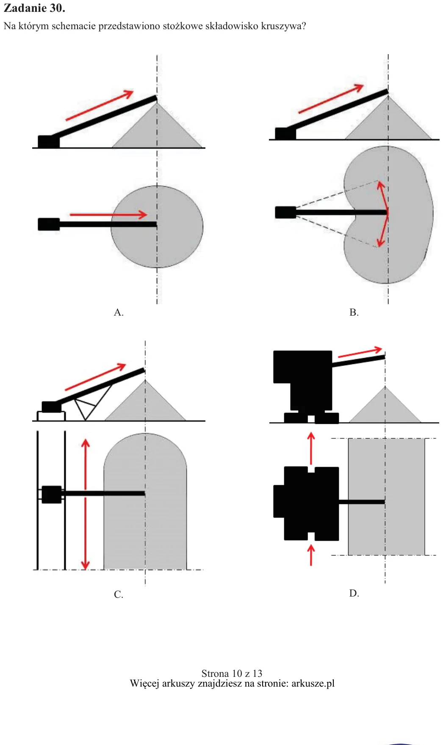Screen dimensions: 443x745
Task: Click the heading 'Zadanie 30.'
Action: [x=34, y=8]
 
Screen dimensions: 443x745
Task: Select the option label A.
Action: [x=119, y=312]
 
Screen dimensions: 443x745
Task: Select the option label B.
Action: [x=354, y=312]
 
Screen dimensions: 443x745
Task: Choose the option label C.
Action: [x=119, y=594]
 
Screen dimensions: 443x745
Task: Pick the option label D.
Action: [x=354, y=593]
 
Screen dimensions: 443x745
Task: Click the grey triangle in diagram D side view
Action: [x=385, y=408]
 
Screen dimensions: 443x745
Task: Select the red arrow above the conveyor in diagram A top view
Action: [x=108, y=214]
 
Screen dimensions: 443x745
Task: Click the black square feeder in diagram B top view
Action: [x=285, y=212]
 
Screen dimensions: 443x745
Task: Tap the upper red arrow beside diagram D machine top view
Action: [x=311, y=448]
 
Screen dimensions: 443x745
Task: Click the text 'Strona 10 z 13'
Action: [x=232, y=674]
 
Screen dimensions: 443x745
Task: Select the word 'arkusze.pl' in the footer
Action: [x=313, y=683]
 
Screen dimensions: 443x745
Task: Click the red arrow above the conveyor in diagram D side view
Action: [x=360, y=352]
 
